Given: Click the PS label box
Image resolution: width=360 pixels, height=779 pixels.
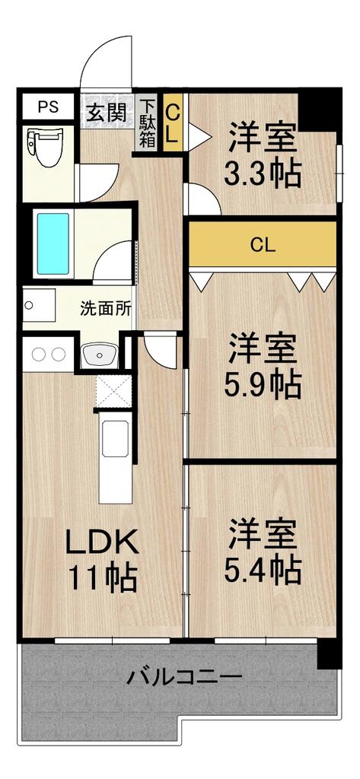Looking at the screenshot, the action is (x=48, y=107).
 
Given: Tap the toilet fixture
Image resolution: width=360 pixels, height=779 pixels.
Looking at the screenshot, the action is (x=45, y=148).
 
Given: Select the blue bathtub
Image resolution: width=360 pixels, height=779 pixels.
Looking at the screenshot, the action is (x=53, y=243).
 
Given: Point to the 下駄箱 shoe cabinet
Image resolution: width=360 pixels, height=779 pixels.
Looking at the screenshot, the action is (x=147, y=122).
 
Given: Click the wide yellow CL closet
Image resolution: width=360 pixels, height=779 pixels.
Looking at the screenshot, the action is (x=263, y=244).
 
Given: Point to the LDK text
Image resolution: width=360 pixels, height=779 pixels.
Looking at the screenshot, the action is (x=103, y=543).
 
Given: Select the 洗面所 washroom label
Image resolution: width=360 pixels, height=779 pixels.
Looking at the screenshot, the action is (x=106, y=309).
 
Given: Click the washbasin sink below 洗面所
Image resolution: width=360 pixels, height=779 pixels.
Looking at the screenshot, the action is (x=100, y=355).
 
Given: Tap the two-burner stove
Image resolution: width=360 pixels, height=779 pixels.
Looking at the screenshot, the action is (x=48, y=354).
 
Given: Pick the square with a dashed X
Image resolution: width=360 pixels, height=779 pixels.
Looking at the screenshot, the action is (x=113, y=392).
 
